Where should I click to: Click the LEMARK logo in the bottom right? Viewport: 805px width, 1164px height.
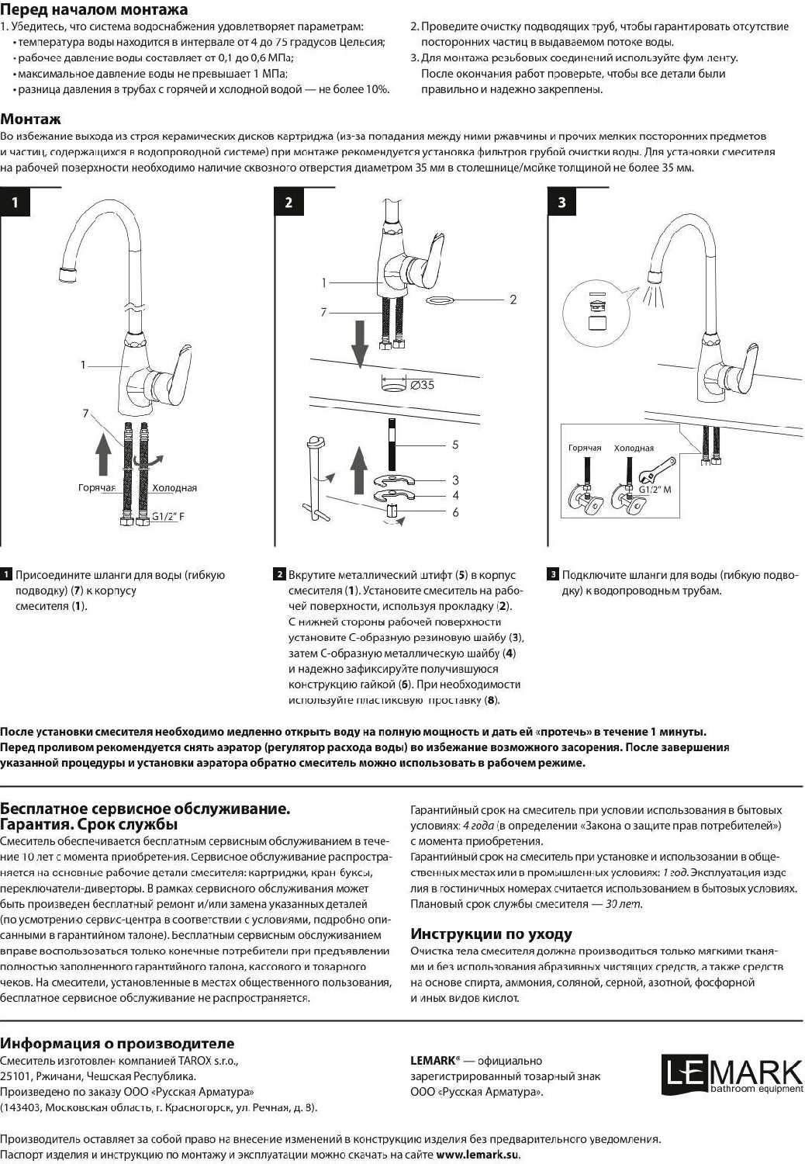pos(732,1074)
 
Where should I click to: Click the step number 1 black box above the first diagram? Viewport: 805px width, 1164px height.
pos(15,203)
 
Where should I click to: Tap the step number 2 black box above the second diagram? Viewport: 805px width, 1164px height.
pos(288,203)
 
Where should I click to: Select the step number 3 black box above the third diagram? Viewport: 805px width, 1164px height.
pos(561,203)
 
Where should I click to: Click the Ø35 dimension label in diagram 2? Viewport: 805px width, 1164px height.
pos(422,385)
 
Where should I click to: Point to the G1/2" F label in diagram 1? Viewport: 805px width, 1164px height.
pos(168,516)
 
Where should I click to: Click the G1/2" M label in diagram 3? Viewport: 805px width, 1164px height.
pos(655,490)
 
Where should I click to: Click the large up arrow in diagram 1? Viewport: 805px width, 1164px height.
pos(103,453)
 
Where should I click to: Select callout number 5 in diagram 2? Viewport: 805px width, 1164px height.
pos(455,445)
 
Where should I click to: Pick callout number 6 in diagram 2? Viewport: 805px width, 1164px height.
pos(455,512)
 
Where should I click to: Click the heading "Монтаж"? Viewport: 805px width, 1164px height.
pos(30,120)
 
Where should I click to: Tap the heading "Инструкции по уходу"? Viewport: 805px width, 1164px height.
pos(491,934)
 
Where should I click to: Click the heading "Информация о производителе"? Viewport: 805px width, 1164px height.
pos(117,1044)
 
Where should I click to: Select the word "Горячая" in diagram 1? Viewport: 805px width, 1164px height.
pos(97,488)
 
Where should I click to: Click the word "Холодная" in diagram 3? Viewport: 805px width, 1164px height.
pos(634,449)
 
